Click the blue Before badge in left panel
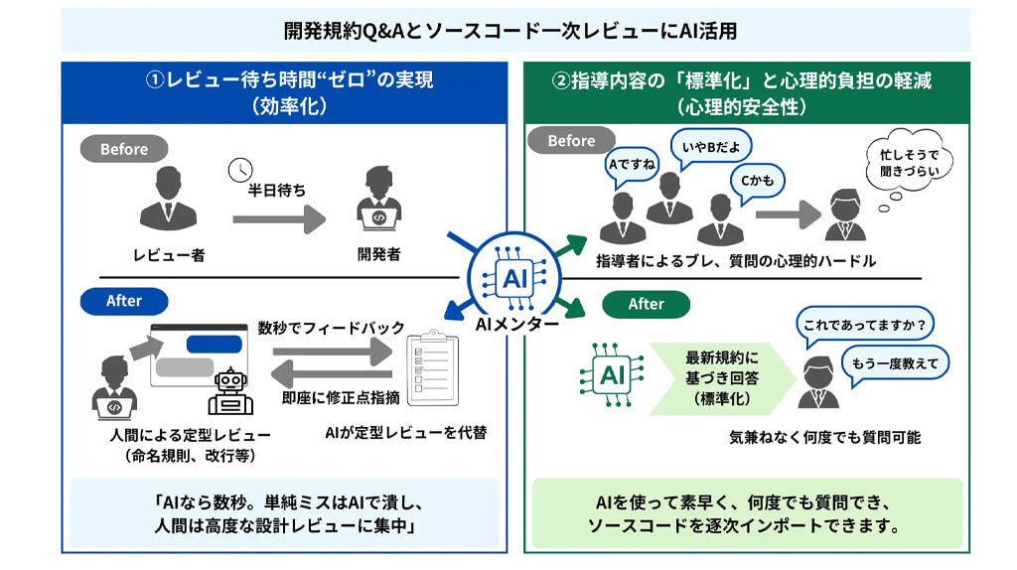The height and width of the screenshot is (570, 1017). click(x=124, y=149)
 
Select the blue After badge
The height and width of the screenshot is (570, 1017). click(x=124, y=301)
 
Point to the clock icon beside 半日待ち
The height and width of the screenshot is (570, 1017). click(x=239, y=170)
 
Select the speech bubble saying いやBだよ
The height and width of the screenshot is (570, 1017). click(x=711, y=146)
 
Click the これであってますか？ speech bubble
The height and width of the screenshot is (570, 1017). click(x=866, y=323)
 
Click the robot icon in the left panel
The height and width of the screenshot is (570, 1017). click(x=229, y=391)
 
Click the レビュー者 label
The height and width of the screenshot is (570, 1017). click(x=169, y=255)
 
